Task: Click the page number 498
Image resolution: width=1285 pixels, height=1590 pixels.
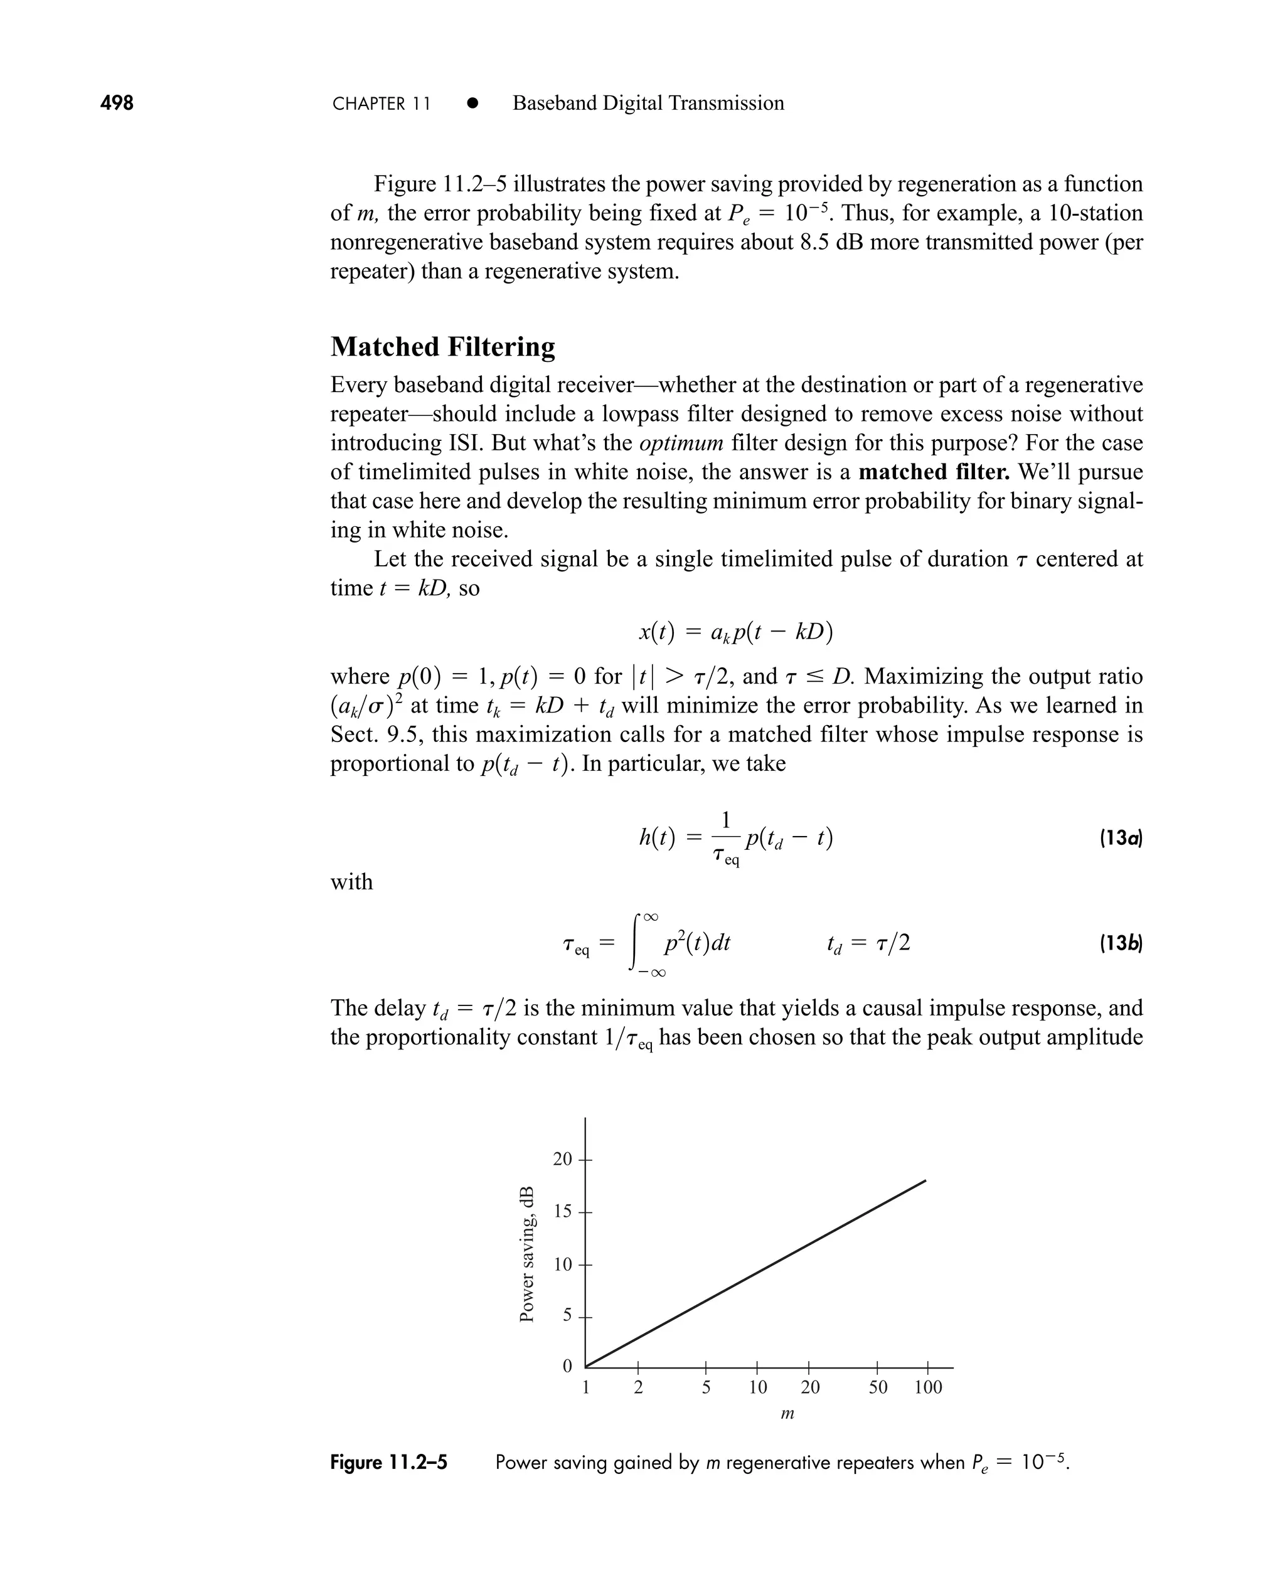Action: (x=117, y=103)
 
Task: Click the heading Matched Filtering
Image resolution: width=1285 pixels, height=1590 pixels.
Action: (x=442, y=347)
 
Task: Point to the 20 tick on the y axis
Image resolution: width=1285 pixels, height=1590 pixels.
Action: (x=563, y=1158)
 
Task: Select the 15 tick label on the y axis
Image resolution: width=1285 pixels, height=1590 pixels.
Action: (x=563, y=1211)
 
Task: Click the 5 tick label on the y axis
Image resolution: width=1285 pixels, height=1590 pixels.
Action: (x=568, y=1315)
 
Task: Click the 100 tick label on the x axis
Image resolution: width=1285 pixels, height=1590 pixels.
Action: (x=927, y=1387)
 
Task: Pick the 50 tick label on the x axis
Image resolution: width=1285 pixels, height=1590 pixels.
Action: (x=877, y=1387)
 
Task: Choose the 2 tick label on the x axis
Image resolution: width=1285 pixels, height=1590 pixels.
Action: (x=638, y=1387)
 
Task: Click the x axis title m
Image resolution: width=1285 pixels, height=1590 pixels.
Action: (x=787, y=1414)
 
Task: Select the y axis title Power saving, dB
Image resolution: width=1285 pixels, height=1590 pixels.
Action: (x=526, y=1254)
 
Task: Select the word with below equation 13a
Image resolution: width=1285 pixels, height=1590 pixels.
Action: (x=351, y=882)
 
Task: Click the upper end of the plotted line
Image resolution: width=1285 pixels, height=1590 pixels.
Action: (x=924, y=1182)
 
